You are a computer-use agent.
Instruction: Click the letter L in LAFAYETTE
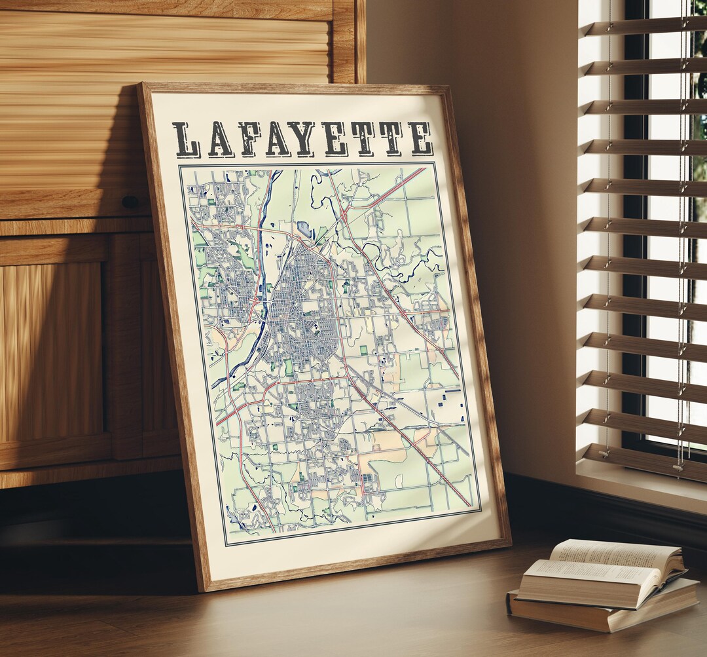[187, 140]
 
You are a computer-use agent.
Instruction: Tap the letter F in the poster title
[249, 140]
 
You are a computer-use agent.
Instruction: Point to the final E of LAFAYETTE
[420, 138]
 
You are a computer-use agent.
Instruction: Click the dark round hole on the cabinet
[130, 202]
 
